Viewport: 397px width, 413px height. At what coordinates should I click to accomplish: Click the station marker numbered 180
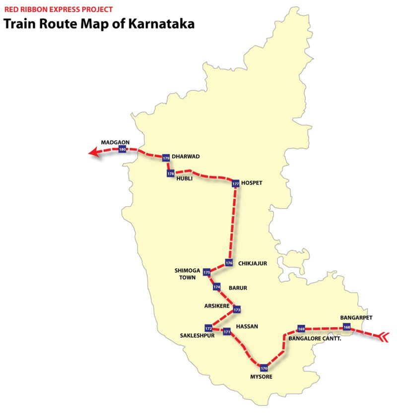coord(122,149)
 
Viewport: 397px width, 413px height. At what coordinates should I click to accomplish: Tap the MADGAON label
coord(115,142)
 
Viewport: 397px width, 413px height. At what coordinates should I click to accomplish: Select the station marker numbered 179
coord(166,158)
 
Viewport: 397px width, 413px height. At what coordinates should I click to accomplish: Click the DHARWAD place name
coord(186,156)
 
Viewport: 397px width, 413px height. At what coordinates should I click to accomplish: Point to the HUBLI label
coord(184,179)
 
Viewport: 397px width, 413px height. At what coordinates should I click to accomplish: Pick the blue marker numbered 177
coord(235,183)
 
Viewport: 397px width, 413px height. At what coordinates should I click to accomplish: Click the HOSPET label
coord(253,182)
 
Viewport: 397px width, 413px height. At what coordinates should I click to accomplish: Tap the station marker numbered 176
coord(228,262)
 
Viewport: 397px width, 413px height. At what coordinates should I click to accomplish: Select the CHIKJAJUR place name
coord(253,263)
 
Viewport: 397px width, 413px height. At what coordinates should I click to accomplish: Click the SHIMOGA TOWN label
coord(187,274)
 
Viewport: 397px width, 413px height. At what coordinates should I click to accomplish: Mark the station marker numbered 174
coord(216,287)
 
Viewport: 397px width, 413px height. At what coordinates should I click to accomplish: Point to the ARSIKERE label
coord(217,306)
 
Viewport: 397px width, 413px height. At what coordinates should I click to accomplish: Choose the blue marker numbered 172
coord(208,328)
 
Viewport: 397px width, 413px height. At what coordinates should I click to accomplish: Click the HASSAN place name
coord(248,326)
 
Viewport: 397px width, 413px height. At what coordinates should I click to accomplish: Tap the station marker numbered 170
coord(264,368)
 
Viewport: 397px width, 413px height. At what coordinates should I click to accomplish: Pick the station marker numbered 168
coord(346,327)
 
